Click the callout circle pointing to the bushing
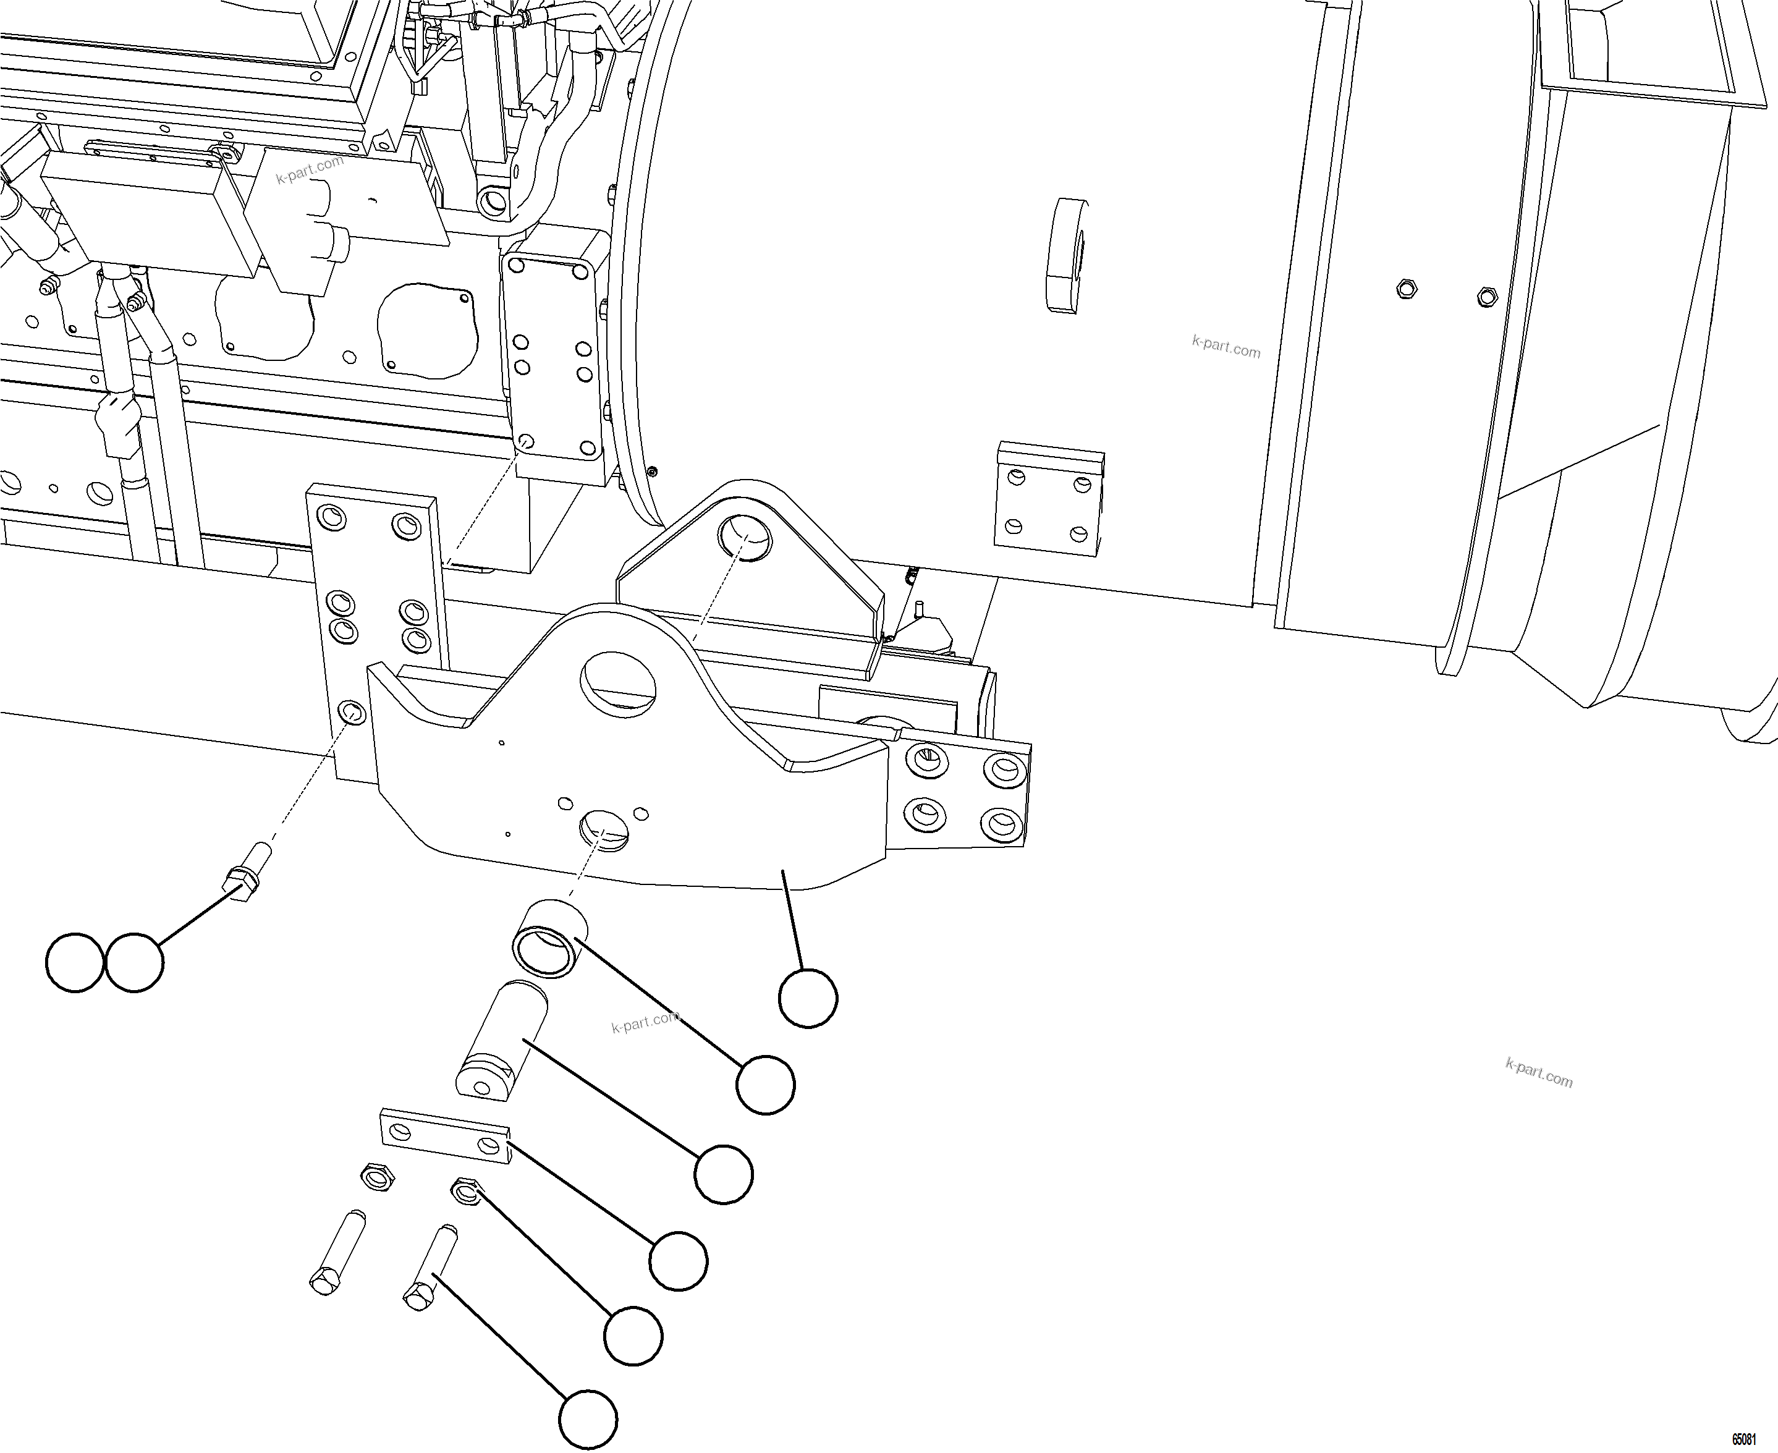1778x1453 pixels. [x=766, y=1085]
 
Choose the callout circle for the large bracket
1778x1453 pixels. [x=807, y=998]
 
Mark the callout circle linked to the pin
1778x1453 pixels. [x=724, y=1174]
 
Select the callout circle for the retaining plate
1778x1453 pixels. [x=679, y=1261]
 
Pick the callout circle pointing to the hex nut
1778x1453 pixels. [x=633, y=1336]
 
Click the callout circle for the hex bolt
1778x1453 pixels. [x=588, y=1420]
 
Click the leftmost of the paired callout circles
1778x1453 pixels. [x=75, y=962]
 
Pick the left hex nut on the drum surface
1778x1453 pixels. [x=1407, y=290]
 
